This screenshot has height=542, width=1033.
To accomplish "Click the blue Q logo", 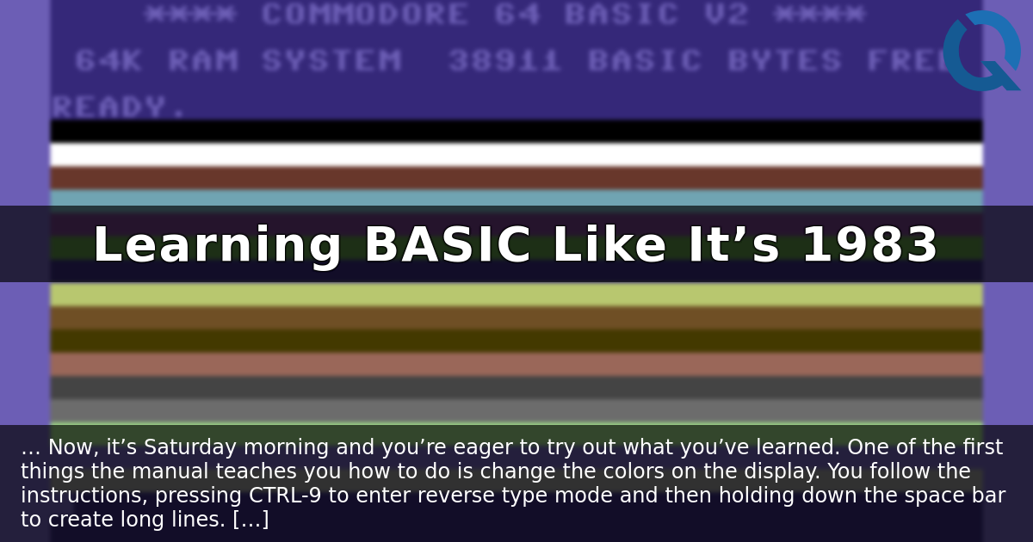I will coord(981,52).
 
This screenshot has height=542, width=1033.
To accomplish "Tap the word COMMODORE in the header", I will coord(365,15).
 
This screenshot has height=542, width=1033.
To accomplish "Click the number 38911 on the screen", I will coord(504,61).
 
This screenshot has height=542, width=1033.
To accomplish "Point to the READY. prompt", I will coord(119,108).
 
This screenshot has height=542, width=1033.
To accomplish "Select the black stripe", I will coord(516,131).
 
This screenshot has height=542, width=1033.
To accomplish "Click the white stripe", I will coord(516,155).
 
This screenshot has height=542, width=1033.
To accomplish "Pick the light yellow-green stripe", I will coord(516,295).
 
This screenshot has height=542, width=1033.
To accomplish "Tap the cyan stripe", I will coord(516,198).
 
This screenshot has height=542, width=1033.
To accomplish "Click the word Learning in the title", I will coord(217,246).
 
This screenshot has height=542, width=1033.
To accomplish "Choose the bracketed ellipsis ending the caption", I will coord(251,520).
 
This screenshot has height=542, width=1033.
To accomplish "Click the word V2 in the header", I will coord(726,15).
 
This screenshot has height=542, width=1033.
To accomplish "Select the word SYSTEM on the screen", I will coord(331,61).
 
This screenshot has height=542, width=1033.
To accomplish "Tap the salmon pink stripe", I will coord(516,363).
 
